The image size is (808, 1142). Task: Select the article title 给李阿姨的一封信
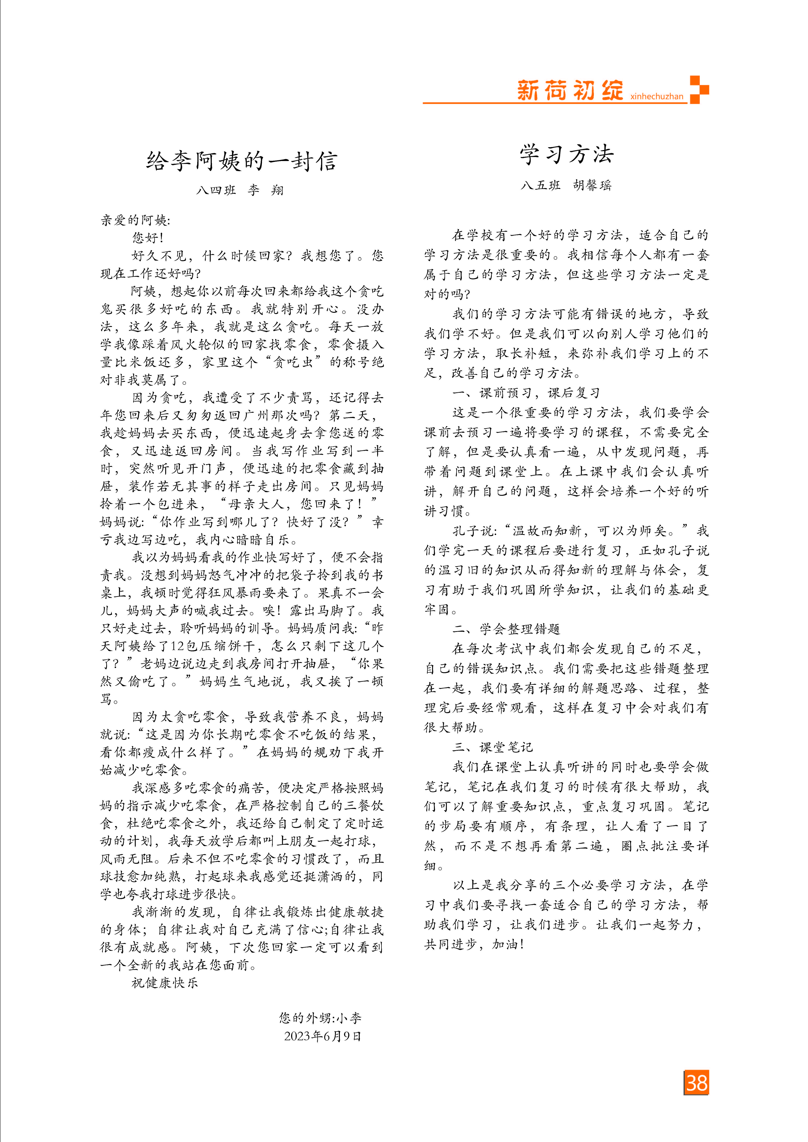242,161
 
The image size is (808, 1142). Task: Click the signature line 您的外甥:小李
320,1018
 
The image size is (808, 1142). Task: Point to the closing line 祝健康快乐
165,982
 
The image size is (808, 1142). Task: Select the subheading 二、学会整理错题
506,629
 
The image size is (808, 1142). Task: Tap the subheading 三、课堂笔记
492,747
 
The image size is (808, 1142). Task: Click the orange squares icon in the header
699,90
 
